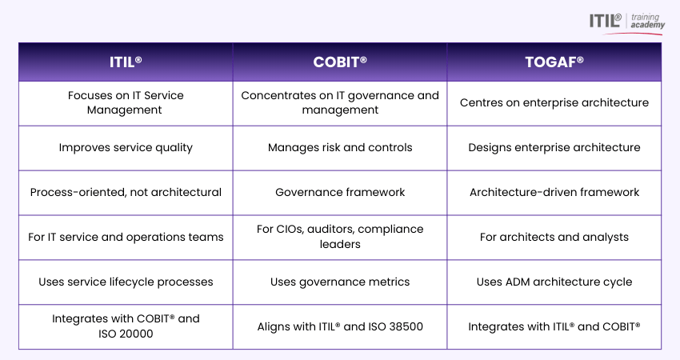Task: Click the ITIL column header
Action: (126, 62)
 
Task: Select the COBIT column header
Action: (340, 62)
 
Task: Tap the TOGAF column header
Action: (554, 62)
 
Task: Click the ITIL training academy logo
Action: (626, 23)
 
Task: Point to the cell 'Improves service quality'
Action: (126, 148)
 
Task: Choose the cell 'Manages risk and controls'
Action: (340, 148)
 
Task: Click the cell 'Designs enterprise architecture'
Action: (554, 148)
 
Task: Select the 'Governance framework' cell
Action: (340, 193)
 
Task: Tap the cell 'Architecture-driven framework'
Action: (554, 193)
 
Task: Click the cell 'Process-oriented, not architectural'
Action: (126, 193)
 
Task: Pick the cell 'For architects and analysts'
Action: (554, 238)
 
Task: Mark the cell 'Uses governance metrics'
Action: (340, 282)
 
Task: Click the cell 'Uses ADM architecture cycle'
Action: (554, 282)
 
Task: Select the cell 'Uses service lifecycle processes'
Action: (126, 282)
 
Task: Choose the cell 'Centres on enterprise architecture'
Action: (554, 103)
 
